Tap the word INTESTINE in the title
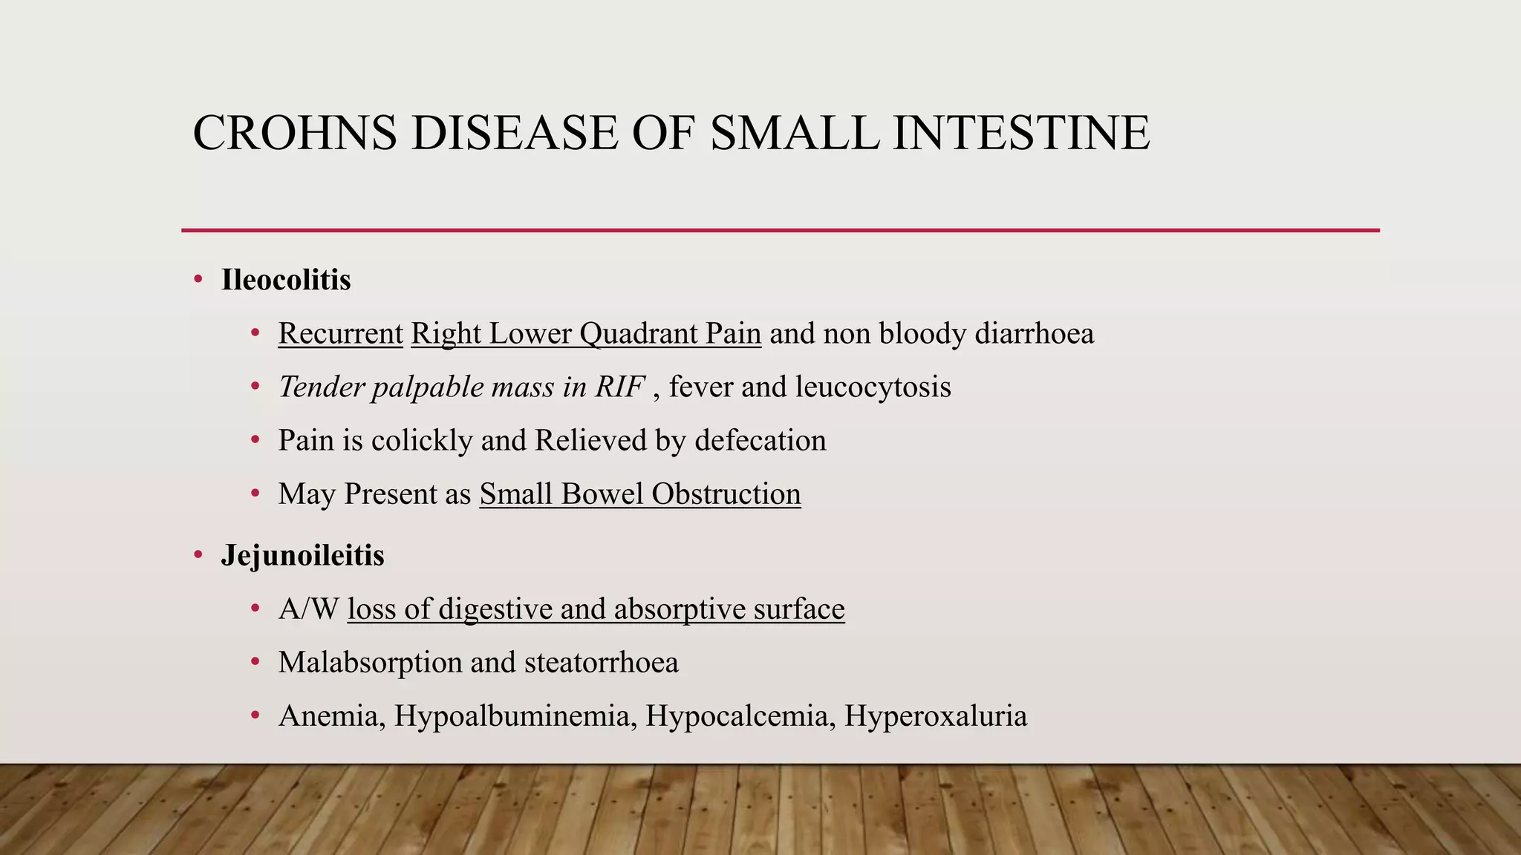1021,134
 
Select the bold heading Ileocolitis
286,281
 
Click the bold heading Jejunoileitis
302,556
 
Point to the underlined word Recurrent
340,334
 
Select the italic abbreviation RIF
619,387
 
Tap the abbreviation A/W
309,609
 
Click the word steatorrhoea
601,663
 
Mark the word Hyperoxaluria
936,716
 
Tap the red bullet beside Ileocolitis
198,280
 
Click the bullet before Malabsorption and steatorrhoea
255,662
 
